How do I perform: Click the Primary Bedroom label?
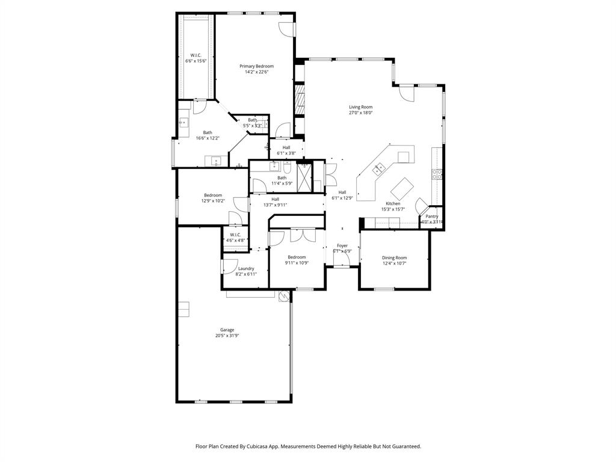[256, 66]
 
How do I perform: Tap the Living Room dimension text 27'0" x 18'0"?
[360, 112]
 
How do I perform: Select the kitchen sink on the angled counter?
[380, 169]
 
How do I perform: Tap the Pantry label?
[432, 216]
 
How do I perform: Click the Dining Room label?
[394, 257]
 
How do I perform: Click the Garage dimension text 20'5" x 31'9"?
[227, 336]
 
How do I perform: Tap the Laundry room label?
[245, 268]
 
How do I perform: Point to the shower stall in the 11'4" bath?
[305, 177]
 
